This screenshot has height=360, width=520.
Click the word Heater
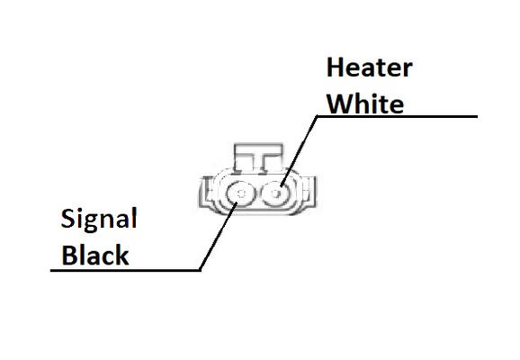coord(370,67)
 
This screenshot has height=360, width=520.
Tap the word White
coord(365,103)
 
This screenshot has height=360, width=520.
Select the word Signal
coord(99,220)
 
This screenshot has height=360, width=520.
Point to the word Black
coord(95,255)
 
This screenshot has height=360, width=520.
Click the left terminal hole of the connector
coord(241,193)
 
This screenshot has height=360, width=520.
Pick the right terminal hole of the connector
coord(276,193)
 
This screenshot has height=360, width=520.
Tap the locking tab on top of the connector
coord(259,157)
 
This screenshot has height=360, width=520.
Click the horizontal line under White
coord(397,116)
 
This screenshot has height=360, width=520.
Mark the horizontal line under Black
coord(125,270)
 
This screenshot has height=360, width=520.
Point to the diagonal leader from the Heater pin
coord(299,151)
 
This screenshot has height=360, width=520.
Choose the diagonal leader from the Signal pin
coord(218,236)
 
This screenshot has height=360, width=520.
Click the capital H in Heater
coord(335,67)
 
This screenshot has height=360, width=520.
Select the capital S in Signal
coord(68,218)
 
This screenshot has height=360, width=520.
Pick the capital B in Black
coord(69,255)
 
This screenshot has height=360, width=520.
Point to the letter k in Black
coord(121,255)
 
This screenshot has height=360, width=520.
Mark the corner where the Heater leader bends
coord(317,116)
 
